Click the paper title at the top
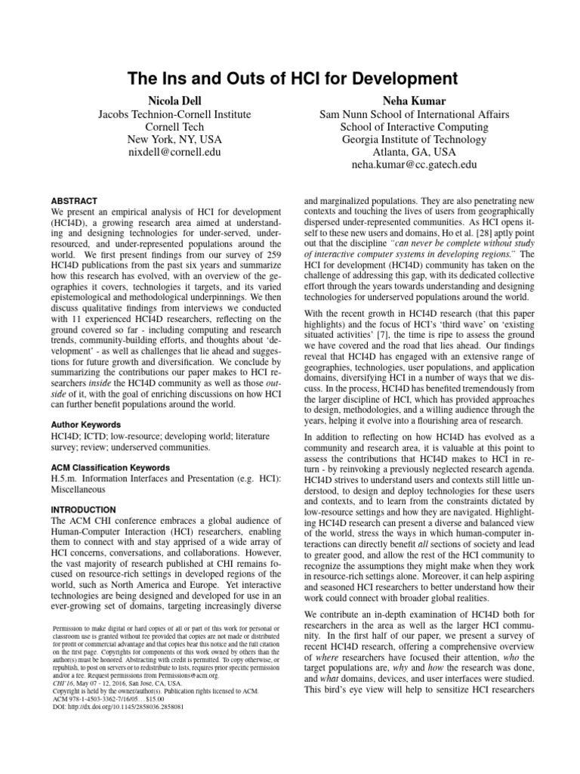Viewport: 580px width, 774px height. (x=290, y=78)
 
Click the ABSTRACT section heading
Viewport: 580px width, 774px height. (x=74, y=202)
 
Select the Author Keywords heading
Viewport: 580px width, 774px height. (x=88, y=426)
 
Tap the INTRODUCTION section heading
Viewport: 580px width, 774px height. (x=83, y=510)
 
